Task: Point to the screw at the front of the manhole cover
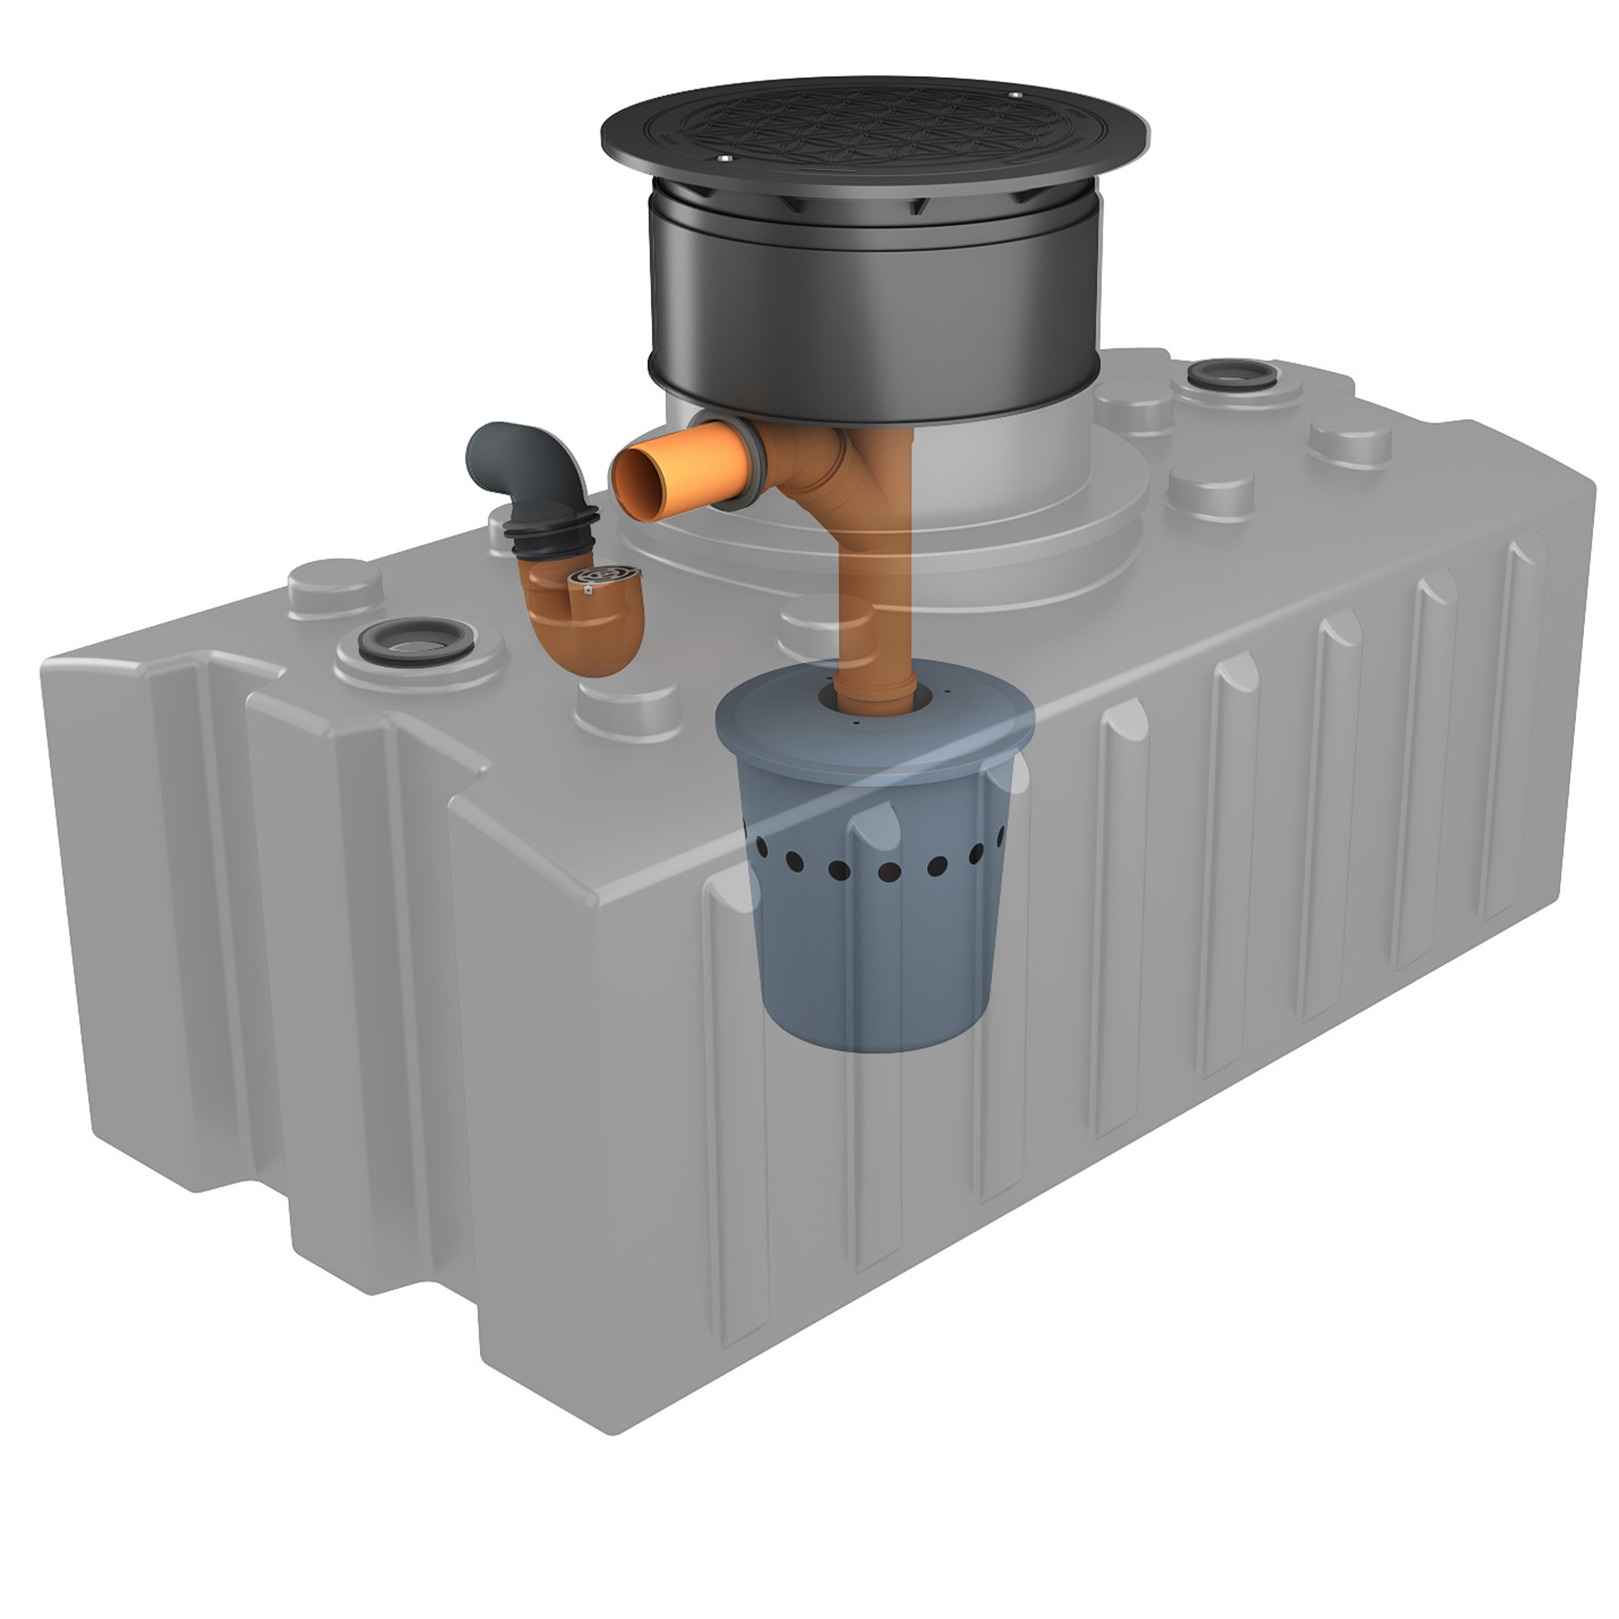725,159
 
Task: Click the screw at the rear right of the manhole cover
1014,96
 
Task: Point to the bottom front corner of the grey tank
616,1434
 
